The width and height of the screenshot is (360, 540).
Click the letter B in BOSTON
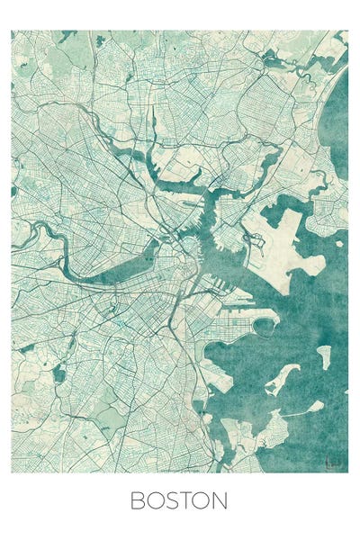(138, 500)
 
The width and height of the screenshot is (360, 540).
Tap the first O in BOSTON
(156, 500)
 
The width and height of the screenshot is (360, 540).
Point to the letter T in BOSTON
(187, 500)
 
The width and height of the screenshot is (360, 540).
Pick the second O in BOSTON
(203, 500)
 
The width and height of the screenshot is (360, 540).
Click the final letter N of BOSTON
(221, 500)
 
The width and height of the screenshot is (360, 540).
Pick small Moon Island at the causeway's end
(314, 407)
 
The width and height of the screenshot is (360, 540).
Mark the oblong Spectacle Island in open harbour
(323, 355)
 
